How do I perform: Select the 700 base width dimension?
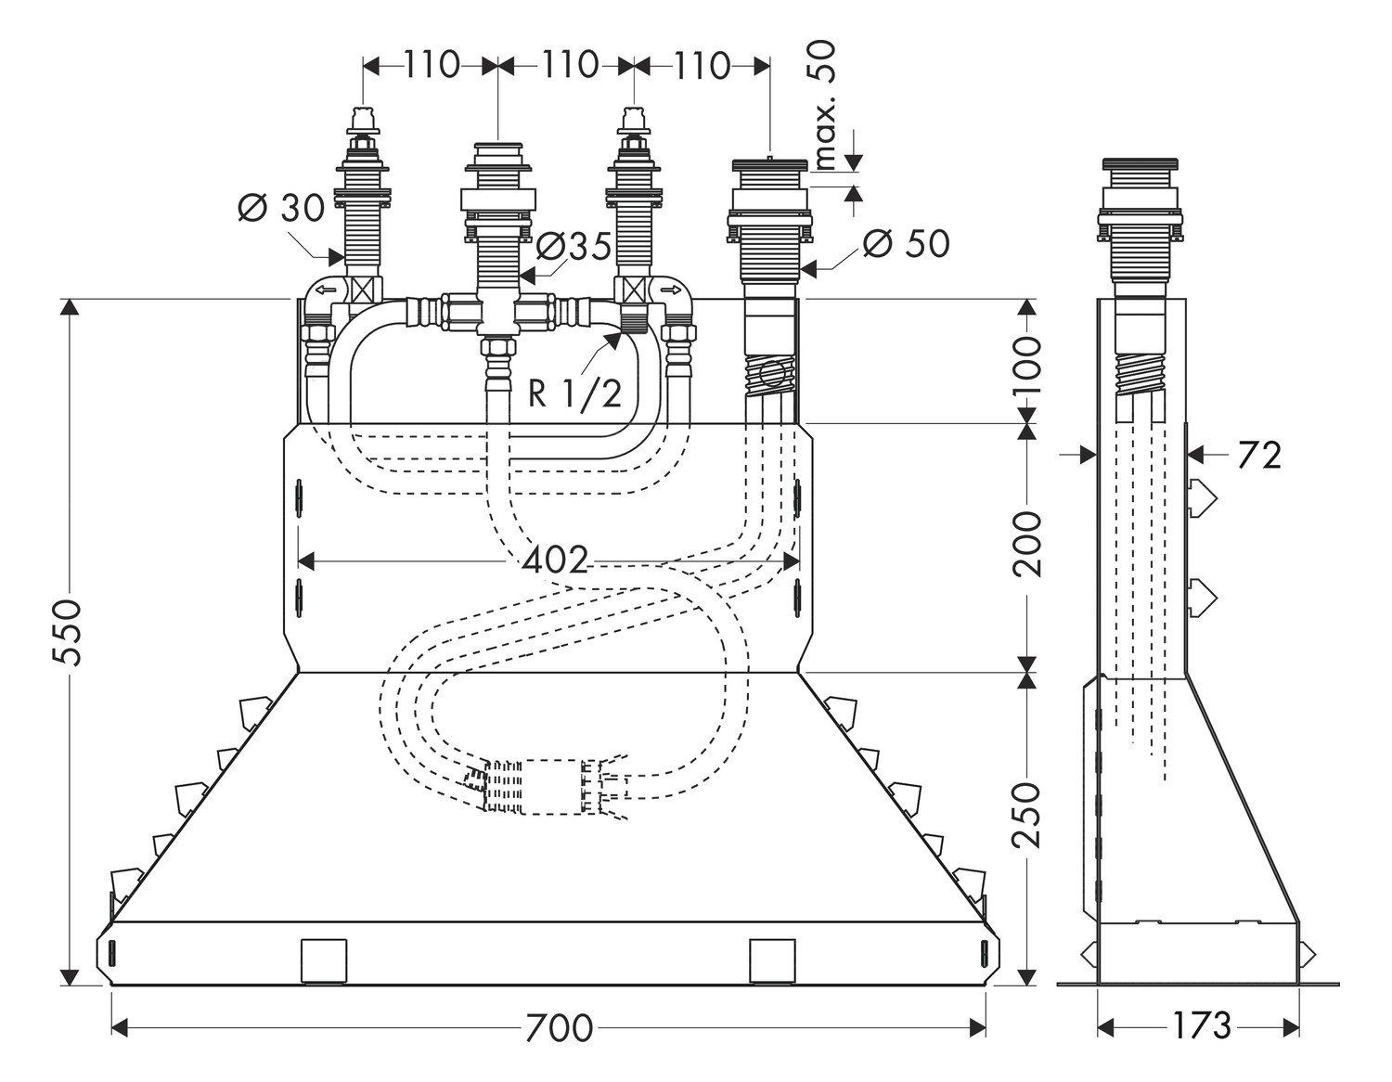(x=558, y=1027)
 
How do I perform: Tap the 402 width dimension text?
(x=555, y=560)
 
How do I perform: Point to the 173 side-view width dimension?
(x=1201, y=1026)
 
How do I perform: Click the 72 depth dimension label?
(x=1259, y=455)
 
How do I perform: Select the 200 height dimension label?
(x=1027, y=543)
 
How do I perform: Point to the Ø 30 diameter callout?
(x=280, y=209)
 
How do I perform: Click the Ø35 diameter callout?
(x=574, y=247)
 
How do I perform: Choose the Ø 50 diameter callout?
(x=906, y=244)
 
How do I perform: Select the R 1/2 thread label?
(x=575, y=393)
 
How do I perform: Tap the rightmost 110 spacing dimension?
(x=702, y=65)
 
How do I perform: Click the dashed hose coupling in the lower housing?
(x=548, y=787)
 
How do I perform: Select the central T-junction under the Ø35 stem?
(x=499, y=311)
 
